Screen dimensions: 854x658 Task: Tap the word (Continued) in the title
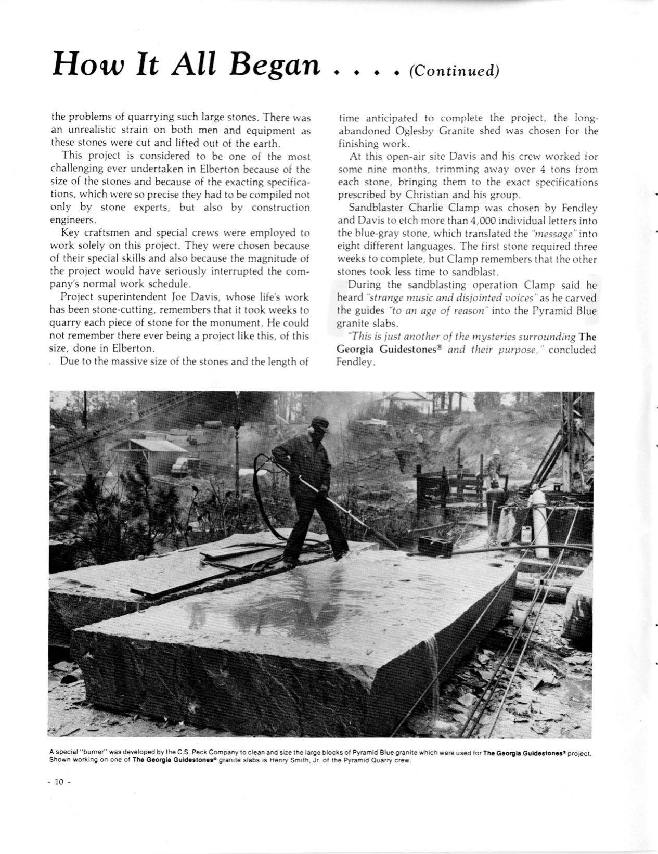[x=454, y=70]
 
